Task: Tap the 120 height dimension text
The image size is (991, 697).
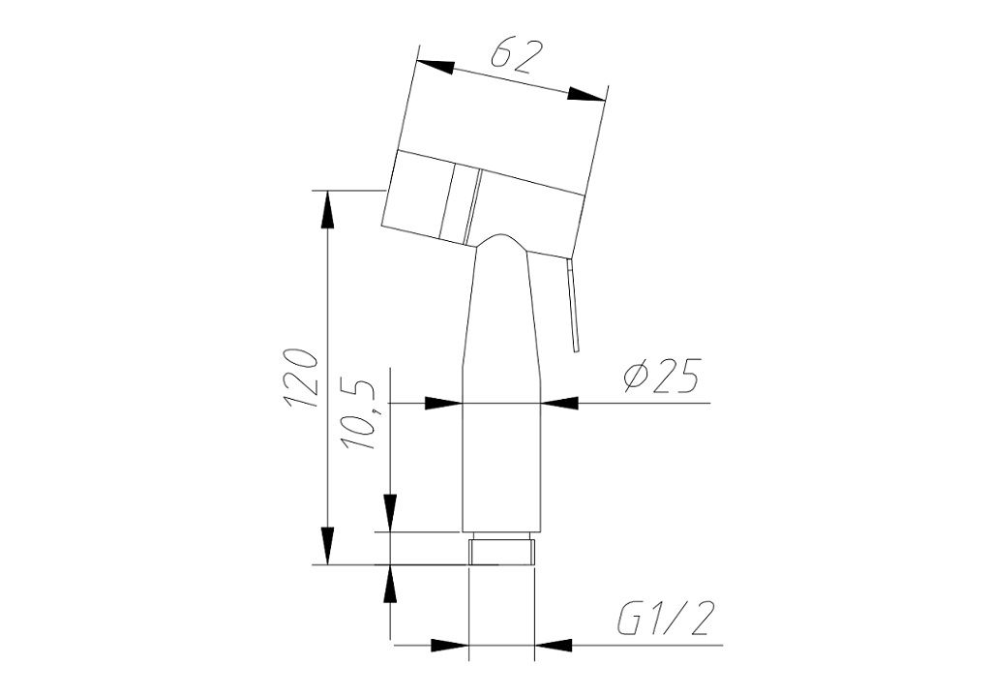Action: [x=300, y=378]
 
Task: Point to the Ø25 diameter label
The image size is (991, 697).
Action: [x=661, y=377]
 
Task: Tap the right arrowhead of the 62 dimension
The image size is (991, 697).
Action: [x=586, y=95]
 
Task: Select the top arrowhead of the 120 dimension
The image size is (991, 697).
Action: [x=327, y=209]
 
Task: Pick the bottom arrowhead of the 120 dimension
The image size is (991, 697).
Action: [x=327, y=545]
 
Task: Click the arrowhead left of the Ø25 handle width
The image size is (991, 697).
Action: [x=444, y=403]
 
